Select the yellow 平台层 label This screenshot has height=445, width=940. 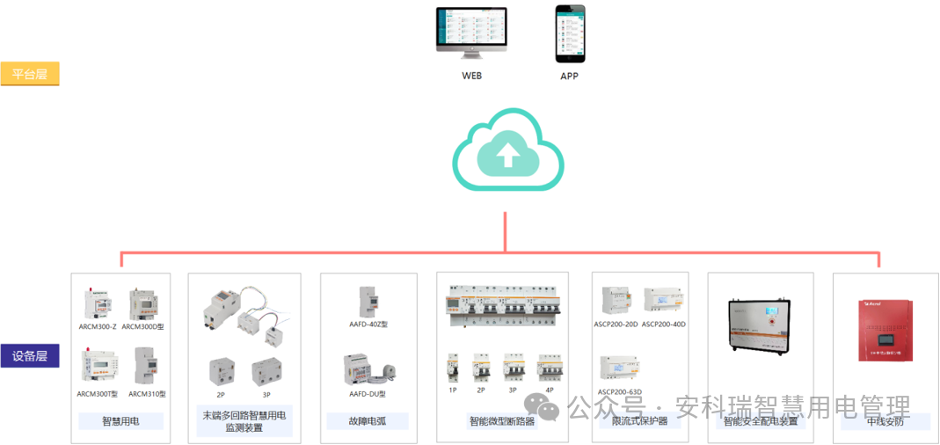30,74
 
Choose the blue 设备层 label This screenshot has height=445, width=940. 30,356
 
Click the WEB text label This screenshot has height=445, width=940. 472,76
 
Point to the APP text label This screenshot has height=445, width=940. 570,76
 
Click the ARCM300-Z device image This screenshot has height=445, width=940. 97,303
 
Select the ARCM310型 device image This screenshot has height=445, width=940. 146,366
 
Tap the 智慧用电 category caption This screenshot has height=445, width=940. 120,421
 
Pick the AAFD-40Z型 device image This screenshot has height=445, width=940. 368,301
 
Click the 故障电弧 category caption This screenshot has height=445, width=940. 368,421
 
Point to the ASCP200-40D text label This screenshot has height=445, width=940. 663,325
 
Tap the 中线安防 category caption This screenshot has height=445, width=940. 885,421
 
